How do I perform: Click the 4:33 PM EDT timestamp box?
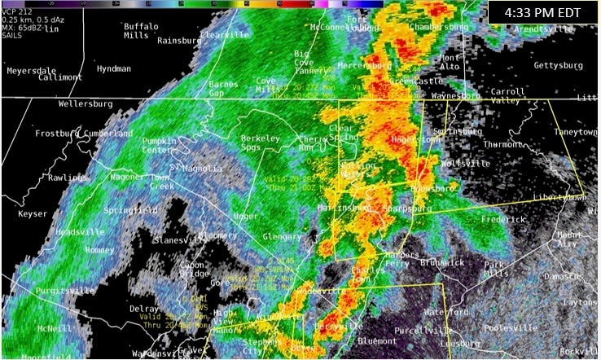(542, 14)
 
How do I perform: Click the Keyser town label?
(33, 213)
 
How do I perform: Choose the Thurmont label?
(503, 144)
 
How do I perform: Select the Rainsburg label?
(178, 40)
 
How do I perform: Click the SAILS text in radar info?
(13, 38)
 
